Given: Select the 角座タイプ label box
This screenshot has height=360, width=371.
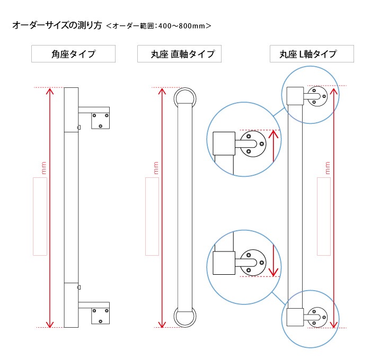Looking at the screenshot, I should pos(73,54).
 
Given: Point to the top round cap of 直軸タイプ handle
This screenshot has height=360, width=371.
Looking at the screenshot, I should pos(185,97).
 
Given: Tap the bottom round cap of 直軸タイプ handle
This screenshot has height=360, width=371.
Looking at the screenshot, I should pos(185,318).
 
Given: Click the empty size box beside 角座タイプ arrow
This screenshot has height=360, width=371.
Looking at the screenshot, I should pos(40,217).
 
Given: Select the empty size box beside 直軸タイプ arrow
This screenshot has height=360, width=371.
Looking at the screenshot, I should pos(152,217).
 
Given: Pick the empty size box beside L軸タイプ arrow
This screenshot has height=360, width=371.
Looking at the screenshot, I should pos(324,217).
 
